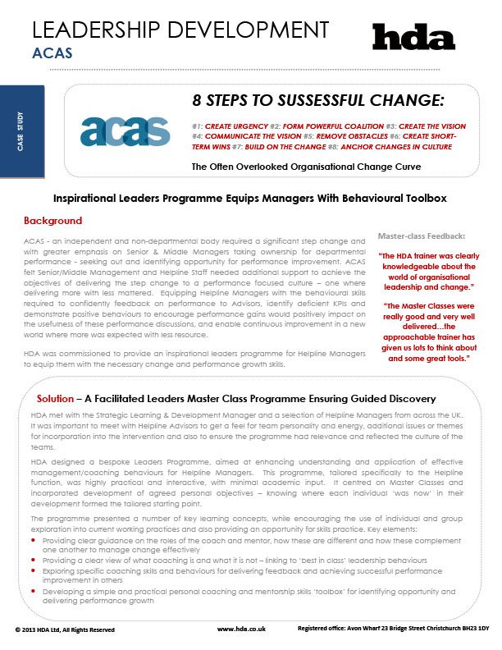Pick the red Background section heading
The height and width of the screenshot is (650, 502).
tap(53, 221)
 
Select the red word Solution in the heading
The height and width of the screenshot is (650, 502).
tap(57, 399)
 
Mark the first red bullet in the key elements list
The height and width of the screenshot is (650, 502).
tap(34, 542)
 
